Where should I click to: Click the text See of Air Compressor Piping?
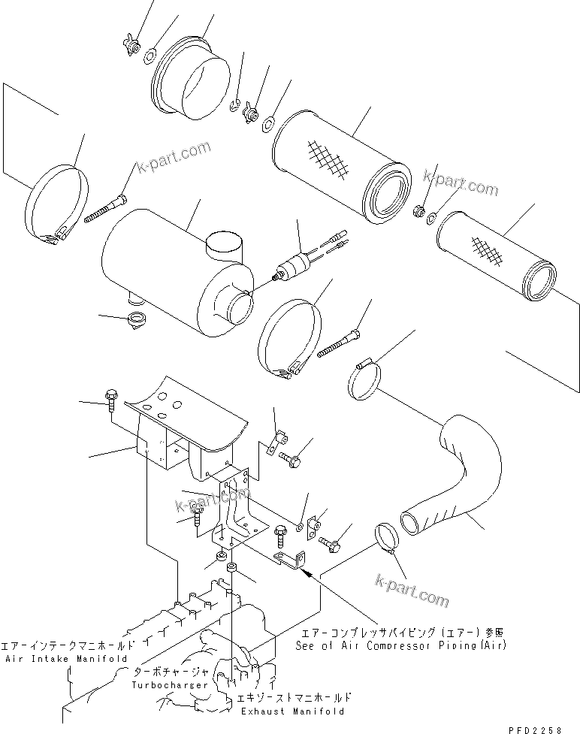point(400,645)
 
